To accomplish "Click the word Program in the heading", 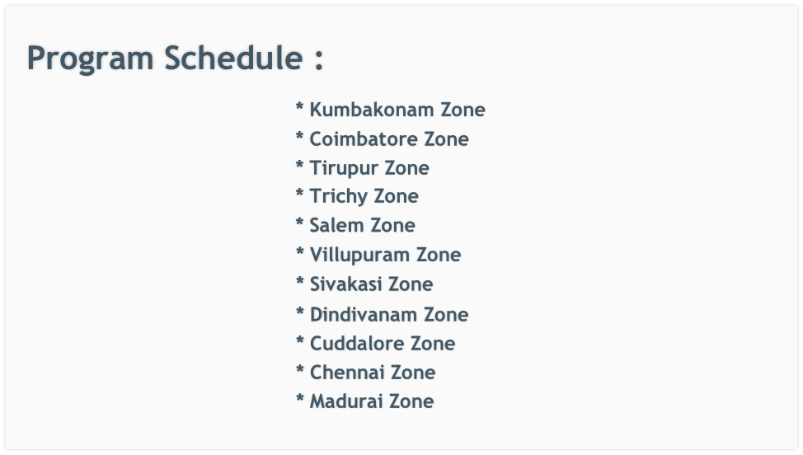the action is click(x=90, y=59).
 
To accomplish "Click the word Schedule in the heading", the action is click(x=233, y=57).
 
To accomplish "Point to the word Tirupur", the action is click(x=343, y=168).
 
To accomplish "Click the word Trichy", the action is click(x=338, y=197).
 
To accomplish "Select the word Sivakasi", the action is click(x=345, y=284).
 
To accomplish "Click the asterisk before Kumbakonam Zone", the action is click(x=299, y=106).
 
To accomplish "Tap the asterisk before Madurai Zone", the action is click(x=299, y=398).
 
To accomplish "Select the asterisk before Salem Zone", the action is click(x=299, y=223).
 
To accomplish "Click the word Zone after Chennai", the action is click(x=413, y=373).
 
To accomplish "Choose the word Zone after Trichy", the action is click(x=396, y=196).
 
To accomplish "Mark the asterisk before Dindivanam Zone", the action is click(x=299, y=312).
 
